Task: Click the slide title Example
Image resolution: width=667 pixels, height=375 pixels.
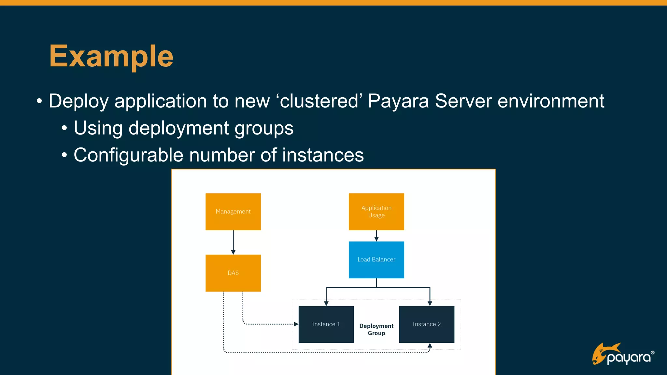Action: point(111,56)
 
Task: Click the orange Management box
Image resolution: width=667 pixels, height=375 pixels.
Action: point(233,212)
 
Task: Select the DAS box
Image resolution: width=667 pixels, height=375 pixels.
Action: point(233,273)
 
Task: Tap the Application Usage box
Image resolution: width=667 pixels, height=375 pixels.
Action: point(376,212)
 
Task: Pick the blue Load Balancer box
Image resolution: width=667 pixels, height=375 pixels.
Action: point(376,259)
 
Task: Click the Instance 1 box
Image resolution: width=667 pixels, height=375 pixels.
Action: point(326,324)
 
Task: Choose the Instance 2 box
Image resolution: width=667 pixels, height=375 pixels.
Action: point(426,324)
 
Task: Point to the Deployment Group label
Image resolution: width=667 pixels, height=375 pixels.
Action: point(376,329)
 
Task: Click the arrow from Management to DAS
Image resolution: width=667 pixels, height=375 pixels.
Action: point(233,242)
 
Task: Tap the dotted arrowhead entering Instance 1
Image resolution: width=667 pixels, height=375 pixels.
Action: point(296,324)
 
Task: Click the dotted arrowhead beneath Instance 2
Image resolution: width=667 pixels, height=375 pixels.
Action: point(430,346)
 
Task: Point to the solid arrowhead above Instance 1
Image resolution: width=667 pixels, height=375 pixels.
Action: point(326,303)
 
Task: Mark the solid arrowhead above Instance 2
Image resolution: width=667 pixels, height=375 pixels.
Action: point(430,303)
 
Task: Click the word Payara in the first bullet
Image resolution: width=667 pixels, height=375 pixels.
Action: point(398,101)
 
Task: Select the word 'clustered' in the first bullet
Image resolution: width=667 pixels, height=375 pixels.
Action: point(319,101)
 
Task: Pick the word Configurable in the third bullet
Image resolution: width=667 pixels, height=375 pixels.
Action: point(128,155)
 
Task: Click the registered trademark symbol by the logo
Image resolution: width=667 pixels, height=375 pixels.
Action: point(652,353)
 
